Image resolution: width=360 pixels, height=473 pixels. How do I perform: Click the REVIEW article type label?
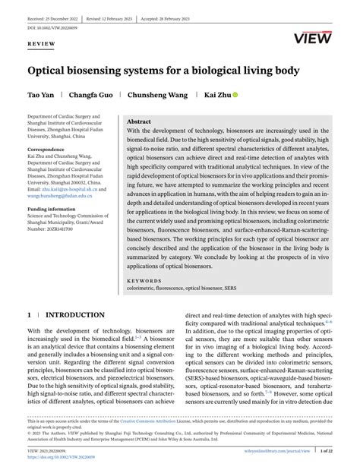point(42,44)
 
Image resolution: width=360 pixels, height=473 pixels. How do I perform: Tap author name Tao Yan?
point(43,96)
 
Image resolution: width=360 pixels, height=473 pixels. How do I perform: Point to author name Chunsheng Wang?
point(159,96)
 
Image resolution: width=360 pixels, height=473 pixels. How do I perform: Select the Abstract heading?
point(138,121)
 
